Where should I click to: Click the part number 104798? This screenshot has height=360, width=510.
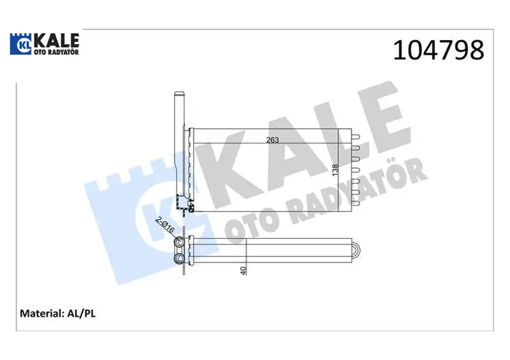coord(439,50)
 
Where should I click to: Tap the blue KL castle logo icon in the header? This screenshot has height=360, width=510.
coord(20,43)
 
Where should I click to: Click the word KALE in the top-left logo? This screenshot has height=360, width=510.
coord(56,40)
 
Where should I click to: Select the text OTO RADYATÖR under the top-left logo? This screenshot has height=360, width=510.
coord(56,52)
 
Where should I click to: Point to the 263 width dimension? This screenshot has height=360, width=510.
coord(273,140)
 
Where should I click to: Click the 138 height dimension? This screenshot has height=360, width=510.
coord(335,170)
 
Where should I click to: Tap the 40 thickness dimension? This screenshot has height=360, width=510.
coord(244,270)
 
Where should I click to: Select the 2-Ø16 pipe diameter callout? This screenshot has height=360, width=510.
coord(165,224)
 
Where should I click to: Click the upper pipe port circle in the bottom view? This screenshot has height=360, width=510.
coord(178,242)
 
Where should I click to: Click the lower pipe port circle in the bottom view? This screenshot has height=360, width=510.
coord(178,259)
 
